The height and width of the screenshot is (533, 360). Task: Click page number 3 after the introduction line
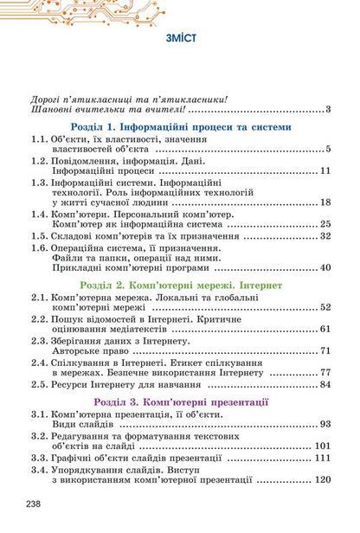click(x=330, y=109)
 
